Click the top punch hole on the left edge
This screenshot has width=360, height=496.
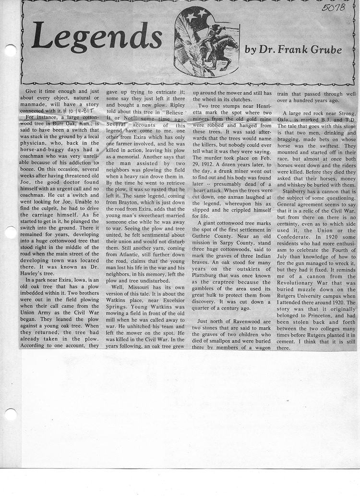(10, 49)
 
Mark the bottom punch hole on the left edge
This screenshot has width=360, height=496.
(10, 414)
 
